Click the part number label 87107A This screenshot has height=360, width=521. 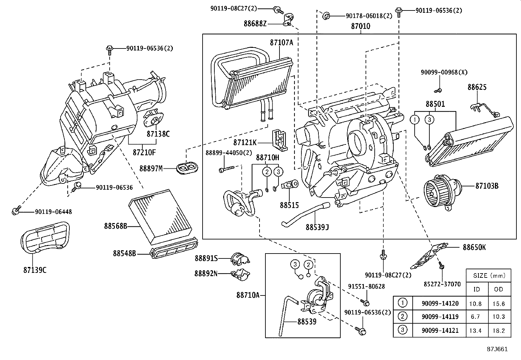(x=281, y=42)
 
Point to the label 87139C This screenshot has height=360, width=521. (x=35, y=270)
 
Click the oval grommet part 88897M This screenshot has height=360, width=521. (x=187, y=168)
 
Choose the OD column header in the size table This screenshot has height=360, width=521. (x=498, y=289)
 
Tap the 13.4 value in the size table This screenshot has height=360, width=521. (x=475, y=331)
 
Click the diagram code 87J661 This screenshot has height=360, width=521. (x=497, y=349)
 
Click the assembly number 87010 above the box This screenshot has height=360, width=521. (x=360, y=26)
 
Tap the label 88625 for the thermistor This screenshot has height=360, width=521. (x=477, y=87)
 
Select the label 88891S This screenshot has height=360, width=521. (x=206, y=258)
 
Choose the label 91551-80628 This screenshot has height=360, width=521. (x=366, y=286)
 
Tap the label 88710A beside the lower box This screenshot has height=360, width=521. (x=247, y=295)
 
